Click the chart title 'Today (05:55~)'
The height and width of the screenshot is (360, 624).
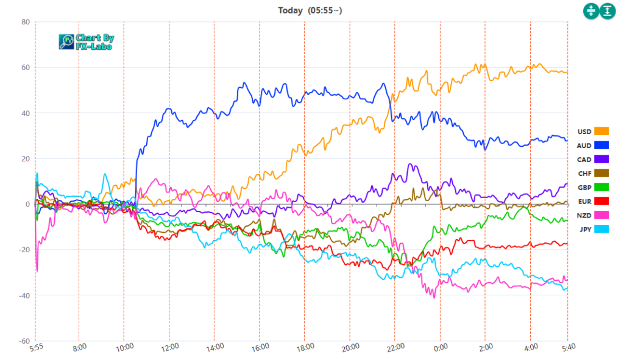[313, 10]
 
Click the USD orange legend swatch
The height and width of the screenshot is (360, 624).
[601, 131]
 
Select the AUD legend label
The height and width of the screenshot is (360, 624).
[584, 145]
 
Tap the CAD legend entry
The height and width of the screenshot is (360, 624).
[584, 159]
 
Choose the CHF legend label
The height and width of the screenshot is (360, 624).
[584, 173]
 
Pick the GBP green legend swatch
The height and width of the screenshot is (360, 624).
[601, 187]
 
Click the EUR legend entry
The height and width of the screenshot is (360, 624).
[584, 201]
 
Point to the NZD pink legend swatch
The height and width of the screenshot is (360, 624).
[601, 215]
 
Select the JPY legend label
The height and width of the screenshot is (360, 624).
[584, 229]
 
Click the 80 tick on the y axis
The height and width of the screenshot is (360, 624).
[26, 22]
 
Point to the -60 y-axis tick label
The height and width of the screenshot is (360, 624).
[24, 341]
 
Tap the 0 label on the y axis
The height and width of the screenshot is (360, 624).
[27, 204]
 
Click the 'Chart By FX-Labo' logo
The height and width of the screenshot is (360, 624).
[87, 41]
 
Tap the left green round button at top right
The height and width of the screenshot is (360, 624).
[591, 10]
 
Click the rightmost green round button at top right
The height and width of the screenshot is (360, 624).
[608, 10]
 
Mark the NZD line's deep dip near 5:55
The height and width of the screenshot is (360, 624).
[37, 270]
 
